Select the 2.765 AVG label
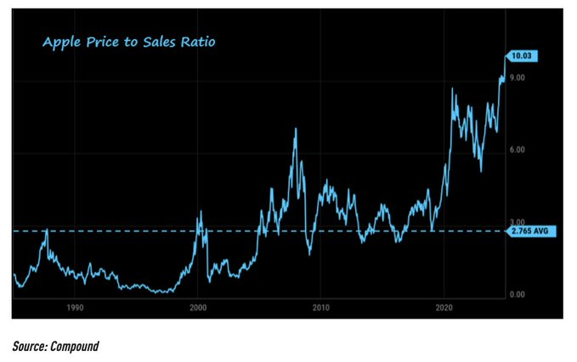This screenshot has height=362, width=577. [x=528, y=231]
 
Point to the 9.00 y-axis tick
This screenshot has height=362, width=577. [x=518, y=78]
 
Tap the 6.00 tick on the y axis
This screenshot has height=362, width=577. [x=518, y=150]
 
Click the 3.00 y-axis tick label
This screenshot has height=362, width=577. [x=518, y=222]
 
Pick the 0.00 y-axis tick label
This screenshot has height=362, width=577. [x=518, y=294]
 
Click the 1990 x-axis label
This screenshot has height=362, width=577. [x=75, y=308]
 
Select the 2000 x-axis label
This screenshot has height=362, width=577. [x=198, y=308]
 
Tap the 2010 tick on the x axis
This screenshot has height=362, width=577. [x=320, y=308]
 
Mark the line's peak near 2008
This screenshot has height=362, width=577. [x=295, y=129]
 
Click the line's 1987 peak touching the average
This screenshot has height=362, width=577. [x=46, y=229]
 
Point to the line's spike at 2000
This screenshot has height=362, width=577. [x=200, y=212]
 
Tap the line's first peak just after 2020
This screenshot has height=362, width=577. [x=452, y=88]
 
